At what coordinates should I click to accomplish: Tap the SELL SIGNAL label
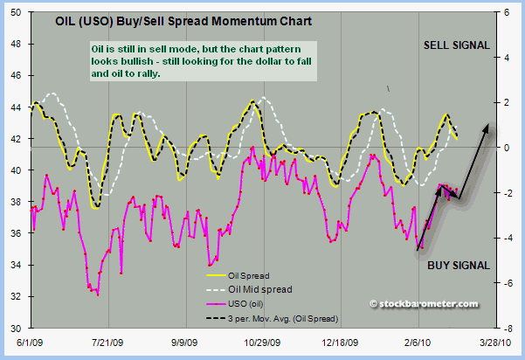pos(457,45)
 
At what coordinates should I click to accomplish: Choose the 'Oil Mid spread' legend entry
pos(259,290)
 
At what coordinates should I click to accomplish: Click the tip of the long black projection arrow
pos(487,125)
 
